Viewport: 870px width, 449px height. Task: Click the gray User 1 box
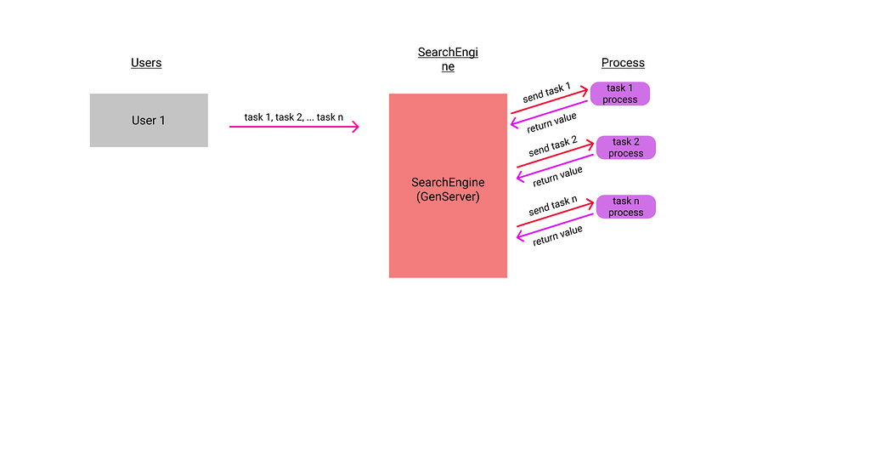pyautogui.click(x=149, y=120)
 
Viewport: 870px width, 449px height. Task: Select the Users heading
pyautogui.click(x=146, y=63)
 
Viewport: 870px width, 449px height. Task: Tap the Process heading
pyautogui.click(x=623, y=63)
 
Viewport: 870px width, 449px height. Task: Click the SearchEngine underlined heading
pyautogui.click(x=448, y=59)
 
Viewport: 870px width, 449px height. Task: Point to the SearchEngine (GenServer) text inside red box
pyautogui.click(x=448, y=189)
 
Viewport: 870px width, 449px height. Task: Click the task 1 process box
pyautogui.click(x=620, y=94)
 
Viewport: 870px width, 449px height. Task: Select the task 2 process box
pyautogui.click(x=626, y=147)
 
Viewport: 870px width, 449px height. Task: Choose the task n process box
pyautogui.click(x=626, y=207)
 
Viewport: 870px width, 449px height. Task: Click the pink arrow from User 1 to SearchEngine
pyautogui.click(x=294, y=127)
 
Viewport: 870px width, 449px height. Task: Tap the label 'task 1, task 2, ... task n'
pyautogui.click(x=294, y=117)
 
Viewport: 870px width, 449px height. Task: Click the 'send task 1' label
pyautogui.click(x=546, y=92)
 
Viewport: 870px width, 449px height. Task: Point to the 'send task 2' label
pyautogui.click(x=552, y=146)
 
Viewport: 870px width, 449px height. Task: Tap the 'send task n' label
pyautogui.click(x=552, y=206)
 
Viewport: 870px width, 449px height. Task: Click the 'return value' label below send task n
pyautogui.click(x=557, y=236)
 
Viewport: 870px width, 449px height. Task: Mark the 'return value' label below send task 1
pyautogui.click(x=552, y=122)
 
